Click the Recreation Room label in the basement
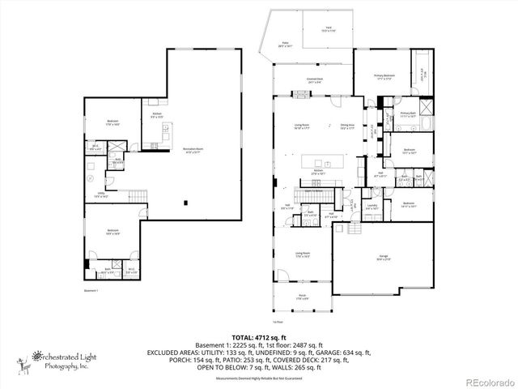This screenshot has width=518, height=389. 193,152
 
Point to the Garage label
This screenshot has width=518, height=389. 382,257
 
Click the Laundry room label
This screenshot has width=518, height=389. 350,207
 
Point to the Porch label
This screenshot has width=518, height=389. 301,297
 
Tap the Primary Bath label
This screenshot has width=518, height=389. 407,115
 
